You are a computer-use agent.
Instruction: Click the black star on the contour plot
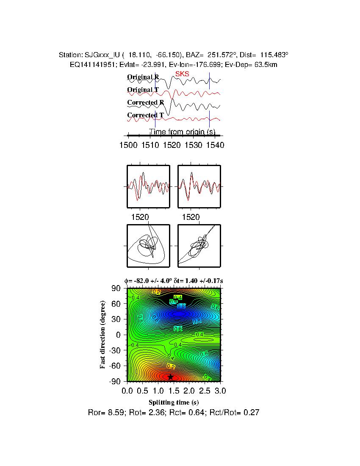point(171,377)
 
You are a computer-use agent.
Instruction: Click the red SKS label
point(182,74)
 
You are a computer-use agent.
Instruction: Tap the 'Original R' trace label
point(143,77)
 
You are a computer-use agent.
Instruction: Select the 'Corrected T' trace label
point(145,115)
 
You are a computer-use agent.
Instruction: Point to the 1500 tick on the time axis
point(128,145)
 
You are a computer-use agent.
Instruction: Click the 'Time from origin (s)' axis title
point(182,132)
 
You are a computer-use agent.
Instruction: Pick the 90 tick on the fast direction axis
point(116,288)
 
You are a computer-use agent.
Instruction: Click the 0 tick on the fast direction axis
point(119,335)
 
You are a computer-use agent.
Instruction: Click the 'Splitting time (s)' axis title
point(174,402)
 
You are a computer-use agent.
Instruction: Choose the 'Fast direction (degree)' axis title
point(103,335)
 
